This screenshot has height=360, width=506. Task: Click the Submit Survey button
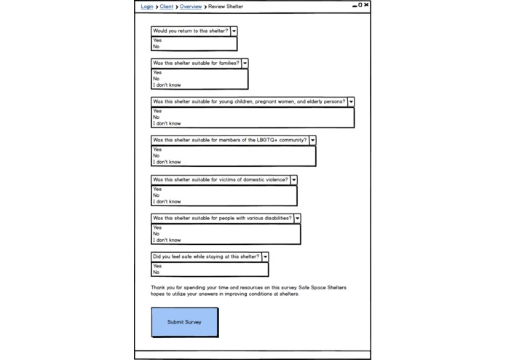[184, 321]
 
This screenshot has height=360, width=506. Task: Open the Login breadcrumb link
[147, 7]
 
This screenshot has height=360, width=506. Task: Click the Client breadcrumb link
[167, 7]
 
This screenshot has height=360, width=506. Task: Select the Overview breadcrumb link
[191, 7]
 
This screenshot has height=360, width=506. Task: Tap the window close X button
[366, 5]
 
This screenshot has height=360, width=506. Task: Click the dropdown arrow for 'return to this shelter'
[234, 31]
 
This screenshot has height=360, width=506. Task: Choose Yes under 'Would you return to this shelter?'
[157, 40]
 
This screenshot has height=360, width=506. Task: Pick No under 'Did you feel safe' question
[157, 273]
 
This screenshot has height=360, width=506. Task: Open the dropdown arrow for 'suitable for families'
[245, 63]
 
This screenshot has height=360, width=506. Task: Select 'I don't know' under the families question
[167, 85]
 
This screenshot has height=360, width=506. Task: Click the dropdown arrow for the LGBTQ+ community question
[312, 140]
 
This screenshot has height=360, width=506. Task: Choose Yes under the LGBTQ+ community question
[157, 149]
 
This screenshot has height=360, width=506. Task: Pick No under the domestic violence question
[157, 195]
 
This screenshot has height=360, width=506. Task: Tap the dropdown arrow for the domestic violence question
[293, 179]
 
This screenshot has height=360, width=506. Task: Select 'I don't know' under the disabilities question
[167, 240]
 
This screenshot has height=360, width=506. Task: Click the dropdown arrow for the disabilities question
[297, 218]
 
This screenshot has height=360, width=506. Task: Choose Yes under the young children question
[157, 111]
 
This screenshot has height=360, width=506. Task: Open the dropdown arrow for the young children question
[351, 102]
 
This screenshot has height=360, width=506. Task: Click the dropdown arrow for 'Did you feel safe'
[265, 257]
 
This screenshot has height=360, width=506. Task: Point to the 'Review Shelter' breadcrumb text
[226, 7]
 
